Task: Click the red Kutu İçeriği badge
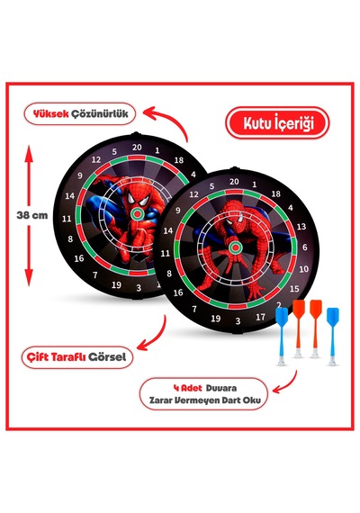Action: (277, 123)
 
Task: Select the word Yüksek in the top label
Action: (50, 114)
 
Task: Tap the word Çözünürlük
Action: (100, 114)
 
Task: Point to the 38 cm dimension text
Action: (32, 215)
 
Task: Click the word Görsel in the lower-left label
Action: (107, 356)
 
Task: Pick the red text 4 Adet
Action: (187, 388)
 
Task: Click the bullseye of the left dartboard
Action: (138, 213)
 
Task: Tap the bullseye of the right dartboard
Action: (235, 247)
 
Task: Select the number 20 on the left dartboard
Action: (137, 148)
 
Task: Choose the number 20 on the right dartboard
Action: (234, 182)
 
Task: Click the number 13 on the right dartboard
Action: (301, 227)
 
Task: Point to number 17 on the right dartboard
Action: (260, 317)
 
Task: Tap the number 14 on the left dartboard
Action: (69, 196)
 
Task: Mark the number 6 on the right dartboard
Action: (305, 247)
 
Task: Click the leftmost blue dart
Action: (282, 336)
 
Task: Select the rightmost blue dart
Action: (332, 336)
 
